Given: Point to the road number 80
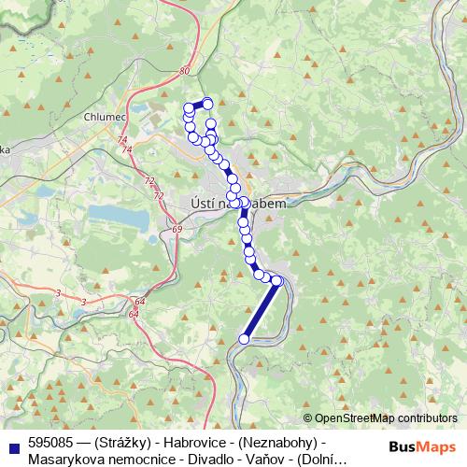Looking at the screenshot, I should [x=185, y=70].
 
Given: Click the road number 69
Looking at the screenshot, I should [x=177, y=228].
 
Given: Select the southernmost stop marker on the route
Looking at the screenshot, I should [x=244, y=339].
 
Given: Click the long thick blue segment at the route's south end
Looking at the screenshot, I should [x=262, y=309].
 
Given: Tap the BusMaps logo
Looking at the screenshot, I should [x=422, y=447].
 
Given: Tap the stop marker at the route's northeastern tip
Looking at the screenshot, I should [x=207, y=103].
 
